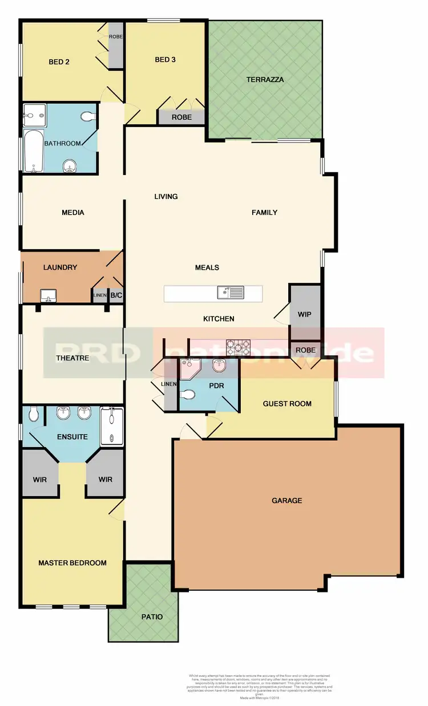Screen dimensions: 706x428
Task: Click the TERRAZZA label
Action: pyautogui.click(x=265, y=80)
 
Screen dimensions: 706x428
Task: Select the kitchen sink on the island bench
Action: pyautogui.click(x=230, y=293)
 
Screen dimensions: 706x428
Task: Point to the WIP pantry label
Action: pyautogui.click(x=305, y=314)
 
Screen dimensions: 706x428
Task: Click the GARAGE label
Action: pyautogui.click(x=286, y=501)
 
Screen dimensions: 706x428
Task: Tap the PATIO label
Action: pyautogui.click(x=152, y=617)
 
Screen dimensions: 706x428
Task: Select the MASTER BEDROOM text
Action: pyautogui.click(x=72, y=563)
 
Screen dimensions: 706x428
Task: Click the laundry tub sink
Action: pyautogui.click(x=49, y=295)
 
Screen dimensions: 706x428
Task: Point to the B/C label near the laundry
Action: pyautogui.click(x=116, y=295)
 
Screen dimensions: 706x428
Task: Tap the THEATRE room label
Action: pyautogui.click(x=72, y=358)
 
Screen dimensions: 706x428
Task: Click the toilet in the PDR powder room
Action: pyautogui.click(x=188, y=394)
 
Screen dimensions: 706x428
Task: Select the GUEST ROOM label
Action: pyautogui.click(x=287, y=404)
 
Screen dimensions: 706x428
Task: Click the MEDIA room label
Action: pyautogui.click(x=73, y=213)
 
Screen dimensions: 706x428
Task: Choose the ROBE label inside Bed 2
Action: pyautogui.click(x=116, y=37)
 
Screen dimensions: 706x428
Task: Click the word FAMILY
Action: pyautogui.click(x=264, y=213)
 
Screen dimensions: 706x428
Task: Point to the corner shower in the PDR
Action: pyautogui.click(x=187, y=370)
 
